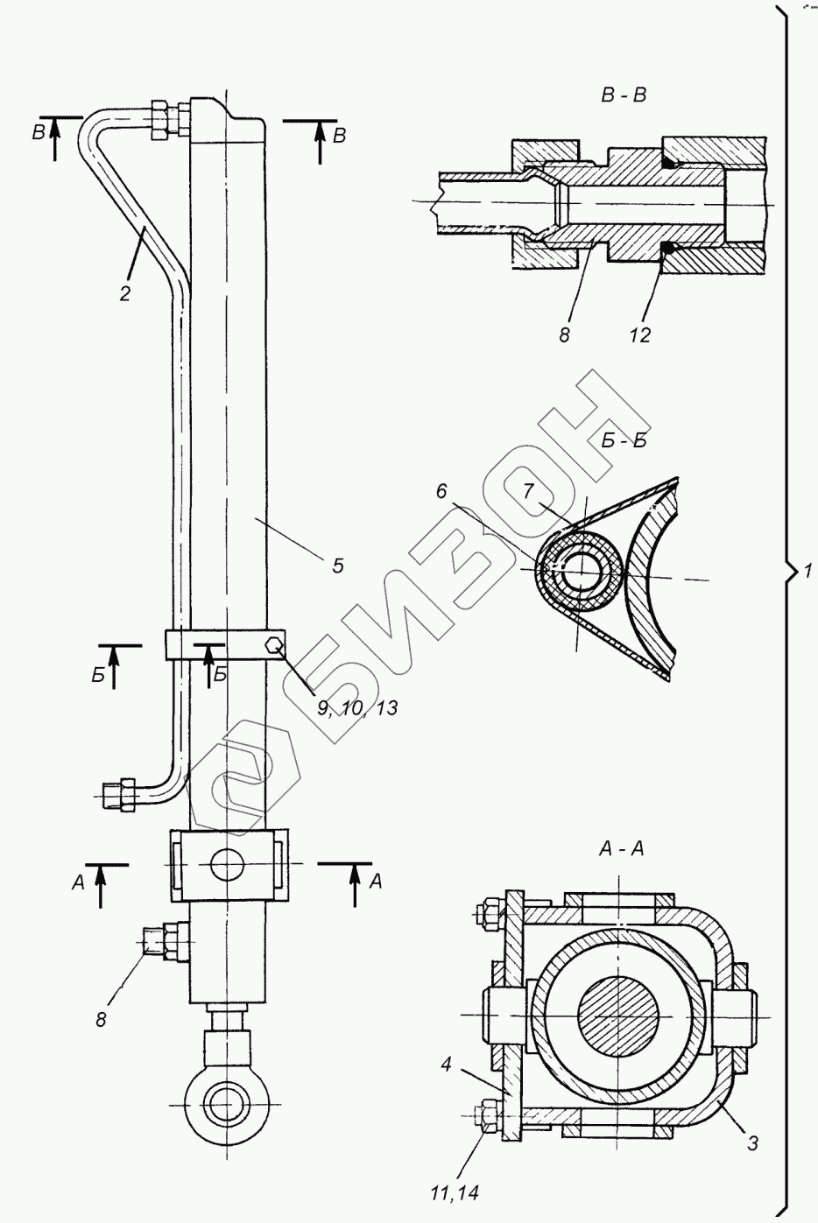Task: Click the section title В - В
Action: (623, 95)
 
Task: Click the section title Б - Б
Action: (624, 440)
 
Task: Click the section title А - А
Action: (621, 847)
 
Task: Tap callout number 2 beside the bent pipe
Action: (125, 293)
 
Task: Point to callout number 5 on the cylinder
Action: (337, 566)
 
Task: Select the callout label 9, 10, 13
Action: (357, 707)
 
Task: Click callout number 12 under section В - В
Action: (640, 334)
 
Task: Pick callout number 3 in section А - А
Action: (752, 1143)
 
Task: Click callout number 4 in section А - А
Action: (446, 1066)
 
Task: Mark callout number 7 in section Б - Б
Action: (528, 491)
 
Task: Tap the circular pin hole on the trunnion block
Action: (226, 864)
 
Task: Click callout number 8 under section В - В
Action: (565, 334)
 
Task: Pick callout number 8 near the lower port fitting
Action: (101, 1019)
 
